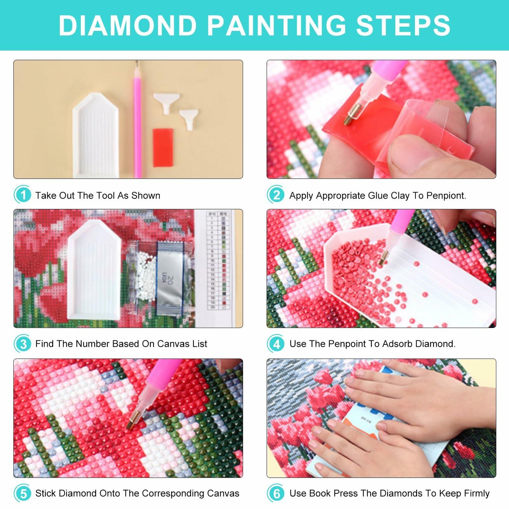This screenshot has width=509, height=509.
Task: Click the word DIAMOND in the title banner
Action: (x=128, y=26)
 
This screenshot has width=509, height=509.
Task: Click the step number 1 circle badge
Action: (x=23, y=195)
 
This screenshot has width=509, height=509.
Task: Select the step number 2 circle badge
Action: (x=277, y=195)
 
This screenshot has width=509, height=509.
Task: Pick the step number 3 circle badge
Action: (x=23, y=344)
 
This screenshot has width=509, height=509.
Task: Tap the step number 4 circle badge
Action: (x=277, y=344)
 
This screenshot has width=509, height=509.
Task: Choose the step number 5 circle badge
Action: (x=23, y=493)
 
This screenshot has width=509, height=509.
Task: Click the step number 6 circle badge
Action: (x=277, y=493)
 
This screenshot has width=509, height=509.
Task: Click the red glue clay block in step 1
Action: (x=163, y=147)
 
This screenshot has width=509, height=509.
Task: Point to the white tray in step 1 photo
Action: (x=95, y=136)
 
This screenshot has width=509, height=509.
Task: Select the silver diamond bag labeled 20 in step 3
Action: (x=170, y=278)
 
